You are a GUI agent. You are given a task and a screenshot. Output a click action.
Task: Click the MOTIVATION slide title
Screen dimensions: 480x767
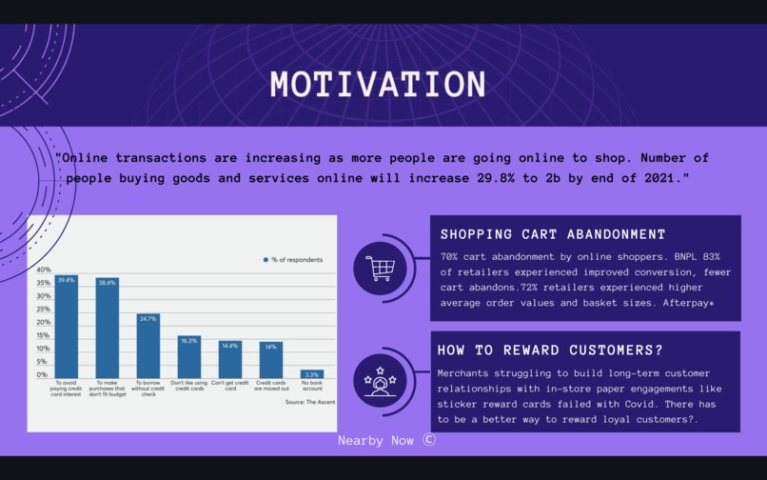(x=378, y=85)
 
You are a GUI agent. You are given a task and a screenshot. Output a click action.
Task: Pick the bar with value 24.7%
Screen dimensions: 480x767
(x=147, y=346)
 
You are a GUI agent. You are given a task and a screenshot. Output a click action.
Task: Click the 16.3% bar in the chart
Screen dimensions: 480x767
(x=188, y=357)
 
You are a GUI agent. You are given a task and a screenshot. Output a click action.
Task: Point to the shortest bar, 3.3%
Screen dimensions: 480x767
(x=311, y=374)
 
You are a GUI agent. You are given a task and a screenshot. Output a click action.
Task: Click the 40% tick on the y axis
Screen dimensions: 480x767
(x=43, y=270)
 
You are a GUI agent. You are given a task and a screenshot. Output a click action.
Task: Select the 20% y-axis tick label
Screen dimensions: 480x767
(x=43, y=322)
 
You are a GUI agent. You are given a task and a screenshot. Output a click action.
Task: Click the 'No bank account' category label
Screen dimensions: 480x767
(x=311, y=386)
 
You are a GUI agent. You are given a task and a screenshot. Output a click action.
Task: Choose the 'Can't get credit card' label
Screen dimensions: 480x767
(x=229, y=386)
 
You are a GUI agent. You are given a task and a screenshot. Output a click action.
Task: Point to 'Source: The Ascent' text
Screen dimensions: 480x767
(x=309, y=402)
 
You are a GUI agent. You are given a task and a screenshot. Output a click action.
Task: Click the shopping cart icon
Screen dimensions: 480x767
(x=380, y=268)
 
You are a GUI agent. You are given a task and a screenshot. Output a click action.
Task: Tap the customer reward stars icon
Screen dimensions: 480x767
(x=380, y=380)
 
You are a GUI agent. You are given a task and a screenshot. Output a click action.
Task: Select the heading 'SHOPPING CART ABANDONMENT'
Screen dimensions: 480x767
(x=553, y=234)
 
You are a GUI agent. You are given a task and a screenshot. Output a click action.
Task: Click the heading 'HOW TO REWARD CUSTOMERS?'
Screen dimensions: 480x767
(x=551, y=349)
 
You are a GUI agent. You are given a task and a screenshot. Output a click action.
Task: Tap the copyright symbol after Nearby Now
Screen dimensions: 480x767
(x=429, y=440)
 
